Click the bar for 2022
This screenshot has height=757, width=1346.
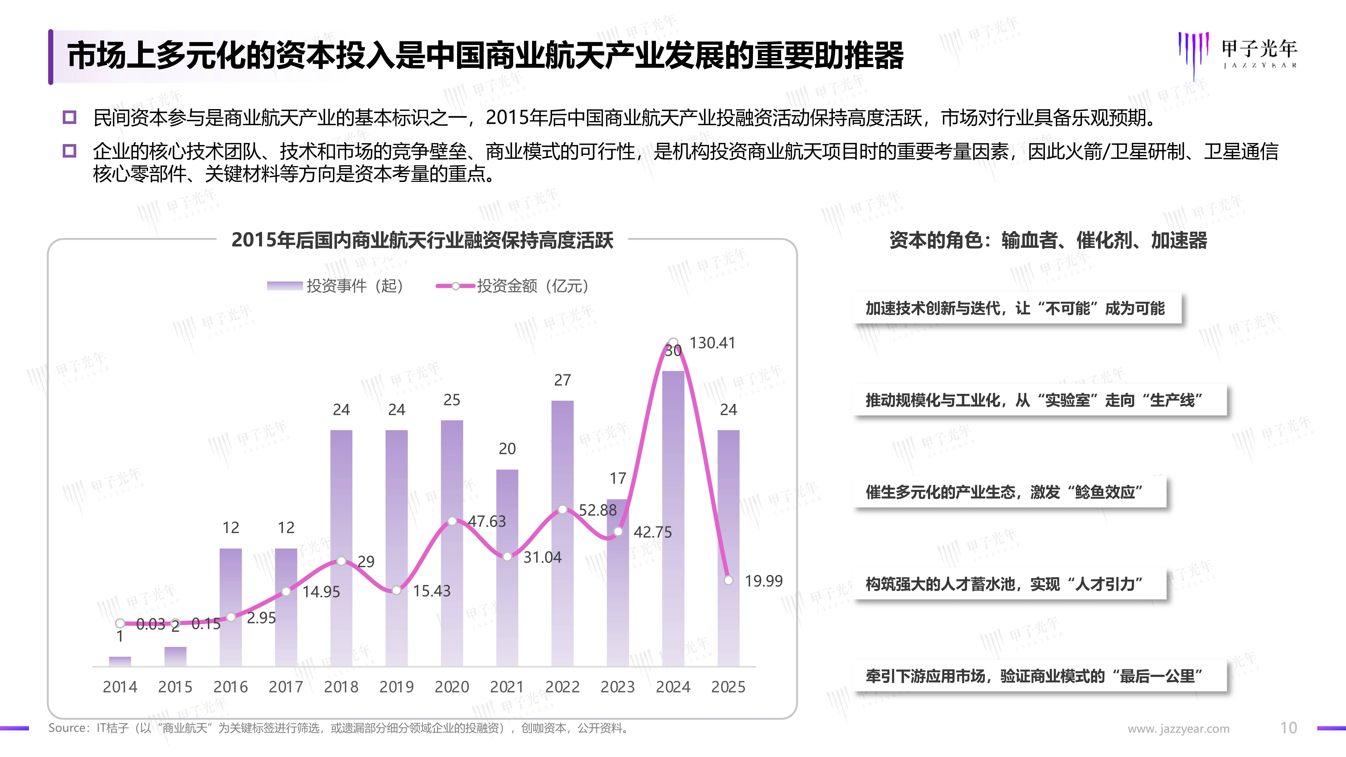click(562, 533)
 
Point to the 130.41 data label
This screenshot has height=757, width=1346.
click(712, 343)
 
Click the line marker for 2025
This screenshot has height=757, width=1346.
click(728, 580)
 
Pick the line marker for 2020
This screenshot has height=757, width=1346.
click(452, 521)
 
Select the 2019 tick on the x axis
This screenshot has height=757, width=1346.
click(397, 686)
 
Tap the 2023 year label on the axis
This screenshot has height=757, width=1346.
click(618, 686)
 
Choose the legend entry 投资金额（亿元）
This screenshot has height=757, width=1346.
click(513, 286)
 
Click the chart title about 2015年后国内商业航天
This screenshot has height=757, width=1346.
click(422, 240)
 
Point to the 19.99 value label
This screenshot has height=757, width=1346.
click(763, 581)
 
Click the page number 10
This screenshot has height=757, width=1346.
click(1289, 728)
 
